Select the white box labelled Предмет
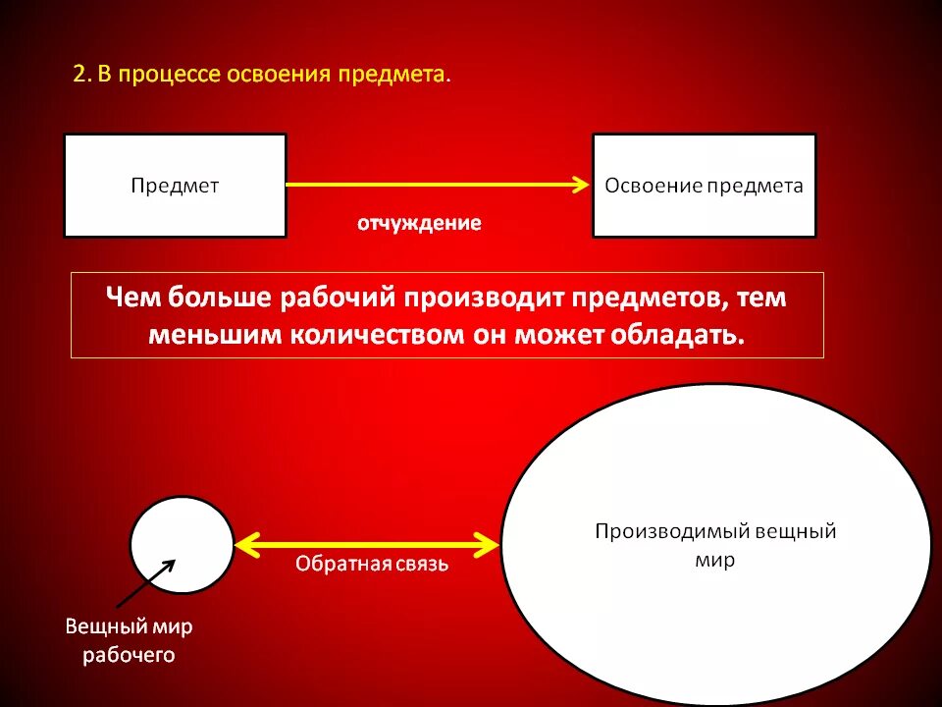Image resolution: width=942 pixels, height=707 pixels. point(176,186)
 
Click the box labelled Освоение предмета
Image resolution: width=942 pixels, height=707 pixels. point(704,186)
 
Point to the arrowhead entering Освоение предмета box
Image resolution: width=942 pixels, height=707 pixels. point(581,184)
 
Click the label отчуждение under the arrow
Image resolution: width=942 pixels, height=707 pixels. point(419,224)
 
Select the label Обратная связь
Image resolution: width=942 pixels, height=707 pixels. point(372,565)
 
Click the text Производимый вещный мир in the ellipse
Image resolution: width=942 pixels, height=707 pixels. point(715,546)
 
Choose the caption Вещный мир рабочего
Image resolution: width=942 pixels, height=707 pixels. point(129,640)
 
